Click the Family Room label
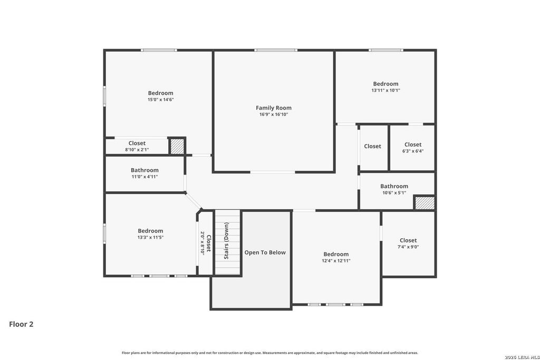coord(274,108)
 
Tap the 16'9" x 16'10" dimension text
coord(274,114)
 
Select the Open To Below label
coord(265,252)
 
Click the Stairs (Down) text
coord(226,240)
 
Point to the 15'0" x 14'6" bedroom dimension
coord(161,100)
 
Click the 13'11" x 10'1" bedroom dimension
coord(385,91)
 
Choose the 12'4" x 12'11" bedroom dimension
coord(336,261)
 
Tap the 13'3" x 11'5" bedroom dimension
coord(150,238)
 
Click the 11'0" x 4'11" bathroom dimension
coord(144,177)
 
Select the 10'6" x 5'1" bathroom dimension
coord(394,193)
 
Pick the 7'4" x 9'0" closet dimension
coord(408,247)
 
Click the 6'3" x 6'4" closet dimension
coord(413,151)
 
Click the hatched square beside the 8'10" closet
coord(177,147)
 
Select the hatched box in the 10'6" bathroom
coord(425,203)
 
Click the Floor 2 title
coord(21,324)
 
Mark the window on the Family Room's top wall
coord(276,50)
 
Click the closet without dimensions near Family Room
coord(373,147)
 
